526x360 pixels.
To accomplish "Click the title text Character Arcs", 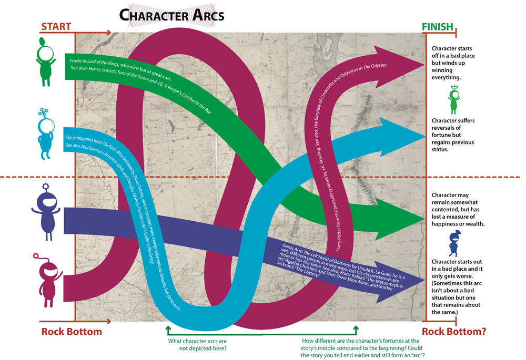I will pyautogui.click(x=171, y=15).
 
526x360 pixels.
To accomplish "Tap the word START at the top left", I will pyautogui.click(x=56, y=26).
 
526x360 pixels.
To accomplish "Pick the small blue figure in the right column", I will pyautogui.click(x=454, y=243).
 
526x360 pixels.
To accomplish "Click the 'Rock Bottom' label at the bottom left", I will pyautogui.click(x=72, y=332).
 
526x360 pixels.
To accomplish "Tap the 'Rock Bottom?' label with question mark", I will pyautogui.click(x=453, y=332).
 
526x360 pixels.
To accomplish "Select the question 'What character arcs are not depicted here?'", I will pyautogui.click(x=201, y=344).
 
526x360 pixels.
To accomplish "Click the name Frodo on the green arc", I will pyautogui.click(x=76, y=61).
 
